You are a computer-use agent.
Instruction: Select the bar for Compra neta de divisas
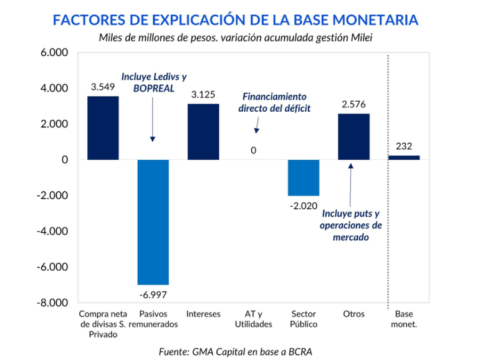point(103,128)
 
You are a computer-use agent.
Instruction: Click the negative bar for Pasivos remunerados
point(153,221)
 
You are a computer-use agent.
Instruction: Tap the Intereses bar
point(203,132)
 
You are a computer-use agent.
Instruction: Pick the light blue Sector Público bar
point(304,178)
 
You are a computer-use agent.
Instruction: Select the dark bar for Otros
point(354,137)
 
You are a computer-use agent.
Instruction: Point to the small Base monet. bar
point(404,157)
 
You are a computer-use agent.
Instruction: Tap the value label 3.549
point(103,87)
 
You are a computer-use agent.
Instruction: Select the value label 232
point(404,147)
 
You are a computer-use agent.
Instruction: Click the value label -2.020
point(304,205)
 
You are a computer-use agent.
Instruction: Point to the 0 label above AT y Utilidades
point(254,150)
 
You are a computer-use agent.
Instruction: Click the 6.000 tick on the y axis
point(54,53)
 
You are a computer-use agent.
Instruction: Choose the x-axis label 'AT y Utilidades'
point(254,319)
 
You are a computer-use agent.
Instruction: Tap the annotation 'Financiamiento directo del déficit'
point(274,102)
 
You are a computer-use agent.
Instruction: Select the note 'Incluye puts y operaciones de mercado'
point(351,225)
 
